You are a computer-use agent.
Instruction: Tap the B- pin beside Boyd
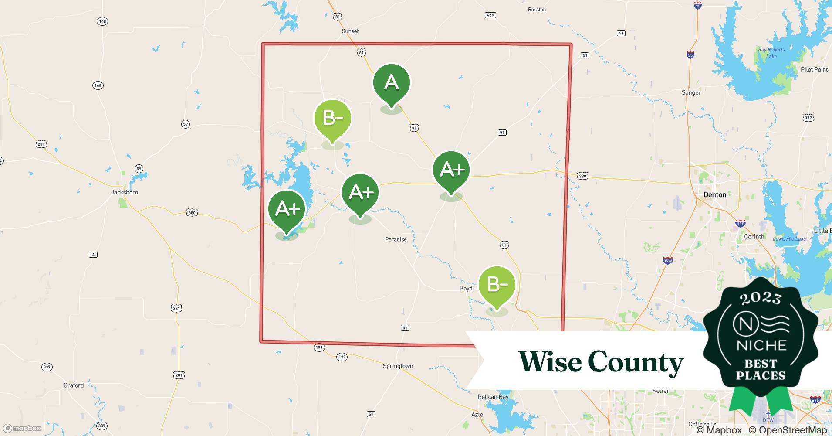point(497,285)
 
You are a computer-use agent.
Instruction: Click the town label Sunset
point(350,31)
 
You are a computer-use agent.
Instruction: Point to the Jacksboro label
point(125,192)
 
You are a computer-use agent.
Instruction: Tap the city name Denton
point(715,195)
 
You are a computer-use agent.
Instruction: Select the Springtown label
point(398,366)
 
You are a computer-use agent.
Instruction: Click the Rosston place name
point(537,10)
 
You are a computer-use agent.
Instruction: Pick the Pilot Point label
point(814,70)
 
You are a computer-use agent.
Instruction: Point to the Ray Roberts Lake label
point(771,53)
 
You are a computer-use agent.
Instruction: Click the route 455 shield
point(490,15)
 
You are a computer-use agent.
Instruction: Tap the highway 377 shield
point(808,118)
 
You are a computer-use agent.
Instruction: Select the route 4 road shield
point(93,255)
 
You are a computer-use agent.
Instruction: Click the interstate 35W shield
point(667,261)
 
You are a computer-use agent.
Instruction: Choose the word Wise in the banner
point(549,361)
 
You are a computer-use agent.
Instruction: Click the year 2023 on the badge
point(761,298)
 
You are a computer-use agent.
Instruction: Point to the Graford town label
point(74,385)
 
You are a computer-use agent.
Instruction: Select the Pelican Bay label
point(493,397)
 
